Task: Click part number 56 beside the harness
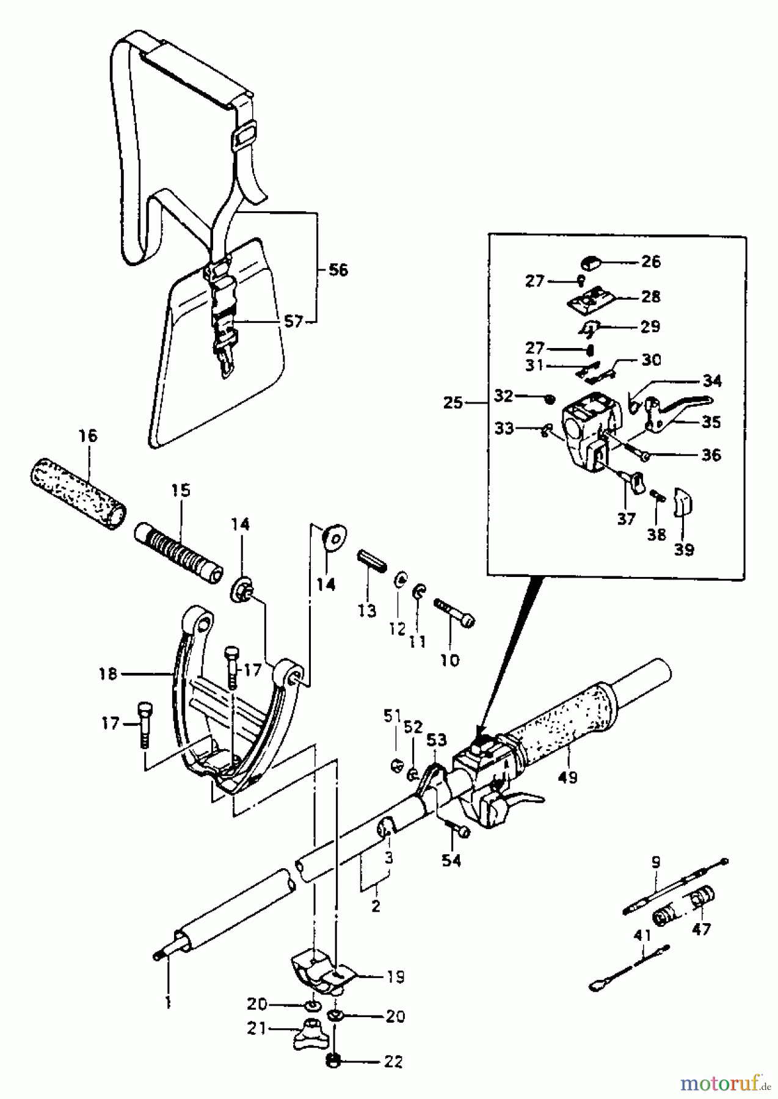click(x=338, y=269)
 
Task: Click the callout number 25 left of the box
click(x=453, y=403)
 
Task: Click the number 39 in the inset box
click(x=684, y=549)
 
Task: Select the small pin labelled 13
click(x=371, y=560)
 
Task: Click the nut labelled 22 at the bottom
click(x=333, y=1062)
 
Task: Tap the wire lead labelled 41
click(x=629, y=965)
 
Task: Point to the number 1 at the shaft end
click(x=169, y=1001)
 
